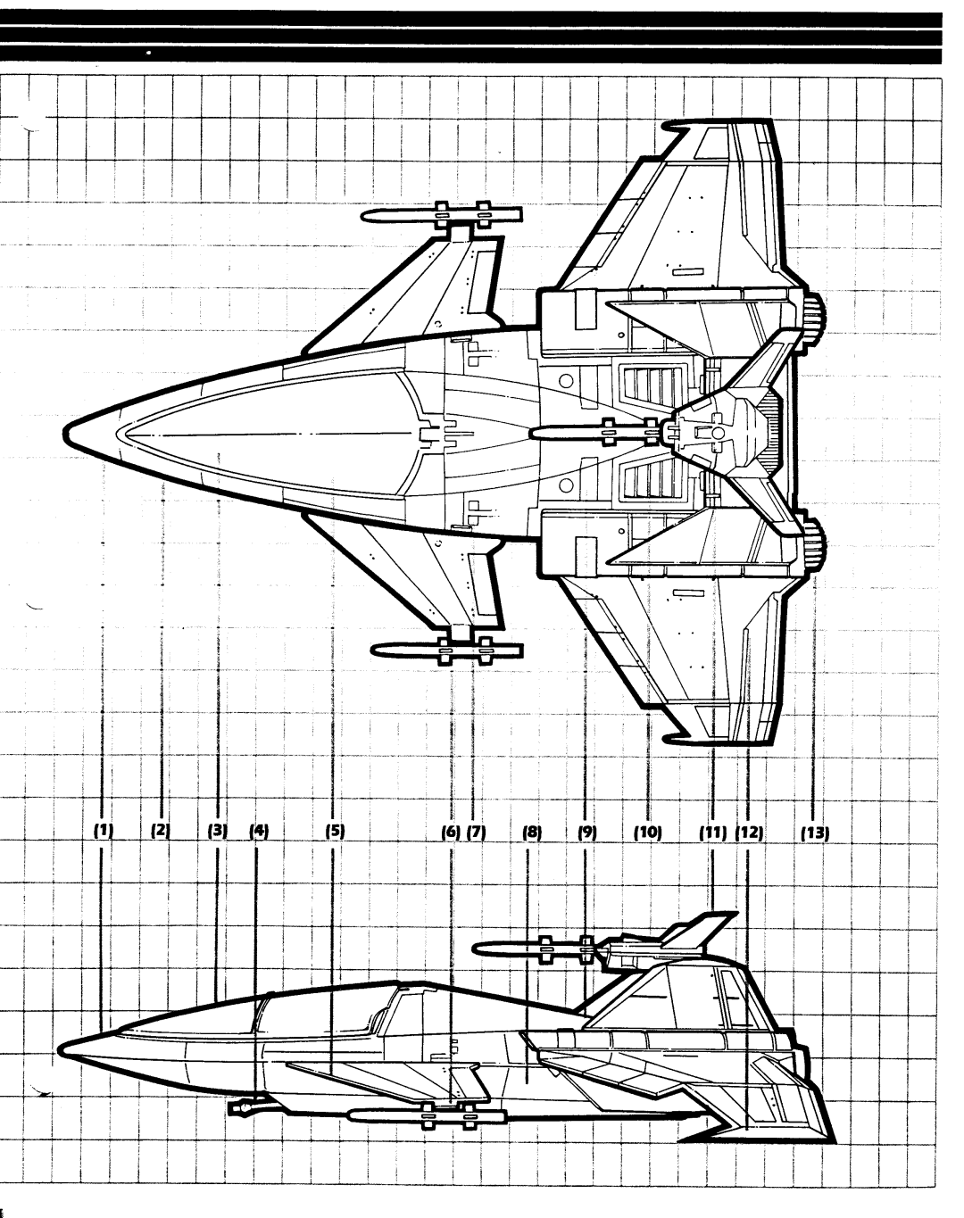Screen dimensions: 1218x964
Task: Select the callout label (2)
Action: [161, 831]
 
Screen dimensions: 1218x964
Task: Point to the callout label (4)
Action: [259, 831]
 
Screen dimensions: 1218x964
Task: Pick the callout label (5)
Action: [334, 831]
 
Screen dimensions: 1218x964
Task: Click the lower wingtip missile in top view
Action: [446, 650]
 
